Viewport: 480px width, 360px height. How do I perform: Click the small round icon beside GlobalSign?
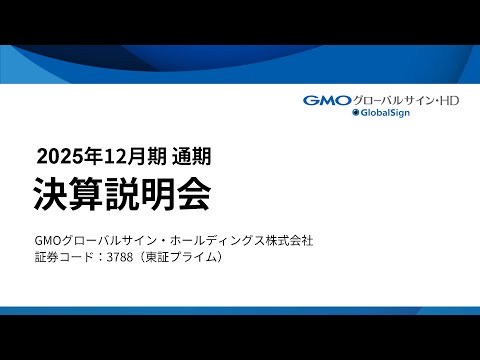click(355, 114)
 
